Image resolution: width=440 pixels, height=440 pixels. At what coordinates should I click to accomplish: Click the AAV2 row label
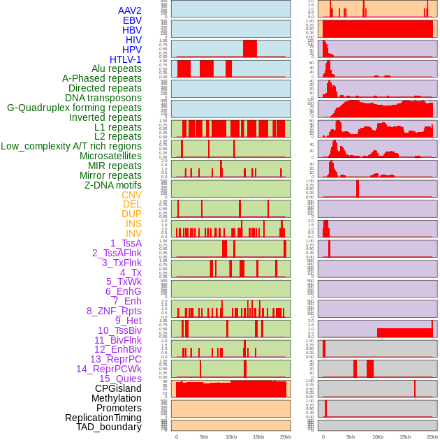(x=129, y=10)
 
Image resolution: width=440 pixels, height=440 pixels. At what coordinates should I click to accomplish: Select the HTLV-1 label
(x=126, y=59)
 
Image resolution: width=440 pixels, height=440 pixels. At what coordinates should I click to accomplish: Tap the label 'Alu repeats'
(x=117, y=68)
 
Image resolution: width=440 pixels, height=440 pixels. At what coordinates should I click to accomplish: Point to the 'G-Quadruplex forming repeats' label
(x=74, y=108)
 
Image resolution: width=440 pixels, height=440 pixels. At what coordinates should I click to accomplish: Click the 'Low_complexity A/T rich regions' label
(x=71, y=146)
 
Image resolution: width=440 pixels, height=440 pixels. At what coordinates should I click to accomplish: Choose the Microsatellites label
(x=110, y=156)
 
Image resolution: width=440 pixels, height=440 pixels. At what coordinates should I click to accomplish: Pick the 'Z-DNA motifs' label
(x=113, y=185)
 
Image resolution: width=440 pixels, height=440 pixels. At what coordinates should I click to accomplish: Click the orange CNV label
(x=131, y=195)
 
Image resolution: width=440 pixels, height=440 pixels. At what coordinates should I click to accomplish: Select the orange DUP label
(x=131, y=214)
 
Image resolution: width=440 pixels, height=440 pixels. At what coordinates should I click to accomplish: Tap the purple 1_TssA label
(x=126, y=243)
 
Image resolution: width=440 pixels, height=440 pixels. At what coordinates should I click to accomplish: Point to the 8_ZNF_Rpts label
(x=114, y=311)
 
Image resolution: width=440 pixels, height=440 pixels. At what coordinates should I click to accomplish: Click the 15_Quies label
(x=120, y=379)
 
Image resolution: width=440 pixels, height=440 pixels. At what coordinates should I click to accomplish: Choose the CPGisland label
(x=118, y=388)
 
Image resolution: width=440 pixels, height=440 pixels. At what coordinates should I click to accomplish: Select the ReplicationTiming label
(x=103, y=418)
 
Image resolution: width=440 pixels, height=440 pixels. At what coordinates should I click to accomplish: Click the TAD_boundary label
(x=109, y=427)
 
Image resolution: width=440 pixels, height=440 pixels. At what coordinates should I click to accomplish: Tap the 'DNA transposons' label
(x=103, y=98)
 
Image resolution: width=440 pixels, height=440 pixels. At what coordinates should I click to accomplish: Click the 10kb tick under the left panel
(x=231, y=437)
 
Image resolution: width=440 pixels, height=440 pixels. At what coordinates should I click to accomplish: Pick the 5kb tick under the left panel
(x=204, y=437)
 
